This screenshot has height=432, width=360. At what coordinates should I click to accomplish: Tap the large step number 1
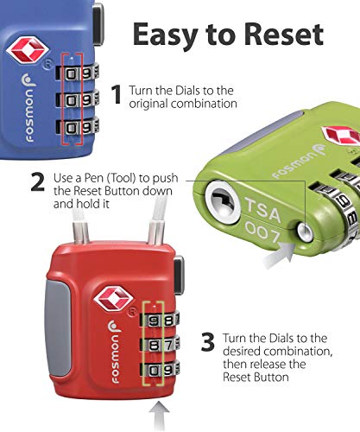[x=117, y=95]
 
